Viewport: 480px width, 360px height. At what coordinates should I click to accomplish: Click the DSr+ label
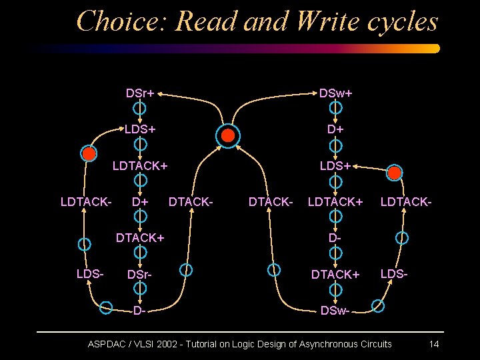[x=140, y=93]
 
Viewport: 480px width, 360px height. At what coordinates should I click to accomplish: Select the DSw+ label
[x=335, y=93]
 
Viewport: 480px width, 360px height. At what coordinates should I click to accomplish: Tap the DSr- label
[x=139, y=274]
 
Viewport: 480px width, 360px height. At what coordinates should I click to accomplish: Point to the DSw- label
[x=335, y=310]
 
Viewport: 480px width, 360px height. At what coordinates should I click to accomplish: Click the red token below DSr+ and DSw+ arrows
[x=228, y=136]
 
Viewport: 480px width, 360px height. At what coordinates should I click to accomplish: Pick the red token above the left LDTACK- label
[x=89, y=153]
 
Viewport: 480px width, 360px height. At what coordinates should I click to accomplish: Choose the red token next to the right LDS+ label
[x=395, y=173]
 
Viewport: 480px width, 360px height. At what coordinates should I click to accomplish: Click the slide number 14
[x=433, y=344]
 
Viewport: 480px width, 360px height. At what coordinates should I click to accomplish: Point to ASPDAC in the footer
[x=109, y=344]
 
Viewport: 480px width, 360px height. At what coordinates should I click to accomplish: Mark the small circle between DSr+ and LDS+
[x=140, y=108]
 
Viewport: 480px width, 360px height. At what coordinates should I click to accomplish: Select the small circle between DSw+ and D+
[x=336, y=108]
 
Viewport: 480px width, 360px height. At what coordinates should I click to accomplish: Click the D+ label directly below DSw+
[x=335, y=129]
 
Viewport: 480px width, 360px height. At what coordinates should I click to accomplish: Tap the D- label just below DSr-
[x=139, y=311]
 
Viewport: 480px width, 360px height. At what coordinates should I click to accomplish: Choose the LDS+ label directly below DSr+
[x=140, y=129]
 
